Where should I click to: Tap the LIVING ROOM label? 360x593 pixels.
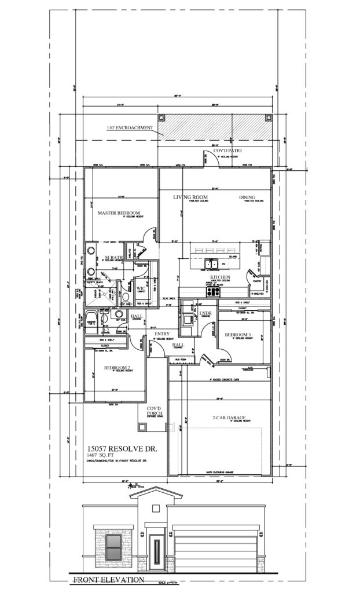pyautogui.click(x=190, y=197)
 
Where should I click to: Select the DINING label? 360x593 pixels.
pyautogui.click(x=247, y=197)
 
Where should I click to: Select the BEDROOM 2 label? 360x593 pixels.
pyautogui.click(x=117, y=367)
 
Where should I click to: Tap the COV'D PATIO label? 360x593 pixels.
pyautogui.click(x=228, y=151)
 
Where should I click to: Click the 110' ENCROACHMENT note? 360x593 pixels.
pyautogui.click(x=128, y=128)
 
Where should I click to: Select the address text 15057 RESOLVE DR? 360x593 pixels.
pyautogui.click(x=121, y=449)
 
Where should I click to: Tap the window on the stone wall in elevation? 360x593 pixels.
pyautogui.click(x=114, y=547)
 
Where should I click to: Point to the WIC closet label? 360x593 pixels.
pyautogui.click(x=141, y=288)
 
